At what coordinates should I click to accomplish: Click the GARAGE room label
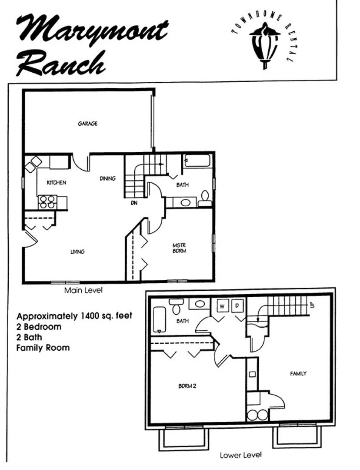click(x=88, y=124)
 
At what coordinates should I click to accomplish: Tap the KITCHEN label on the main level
click(x=57, y=182)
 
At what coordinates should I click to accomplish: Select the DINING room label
click(x=107, y=178)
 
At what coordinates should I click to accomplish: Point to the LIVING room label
click(x=77, y=252)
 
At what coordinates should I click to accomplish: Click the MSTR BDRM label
click(x=180, y=248)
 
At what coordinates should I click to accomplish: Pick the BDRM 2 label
click(x=187, y=386)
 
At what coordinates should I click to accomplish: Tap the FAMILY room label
click(x=298, y=373)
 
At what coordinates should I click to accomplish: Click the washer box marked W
click(x=222, y=306)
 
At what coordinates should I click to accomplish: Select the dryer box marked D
click(x=237, y=306)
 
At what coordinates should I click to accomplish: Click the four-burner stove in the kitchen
click(x=48, y=202)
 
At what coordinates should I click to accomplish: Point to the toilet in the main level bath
click(x=205, y=199)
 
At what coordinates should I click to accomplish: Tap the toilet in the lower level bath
click(x=175, y=306)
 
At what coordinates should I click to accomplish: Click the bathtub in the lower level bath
click(x=159, y=320)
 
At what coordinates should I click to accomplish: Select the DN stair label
click(x=134, y=203)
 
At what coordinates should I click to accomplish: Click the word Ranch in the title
click(x=61, y=63)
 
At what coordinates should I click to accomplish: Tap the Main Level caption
click(x=83, y=290)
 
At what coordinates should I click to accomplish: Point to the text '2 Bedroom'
click(x=39, y=326)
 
